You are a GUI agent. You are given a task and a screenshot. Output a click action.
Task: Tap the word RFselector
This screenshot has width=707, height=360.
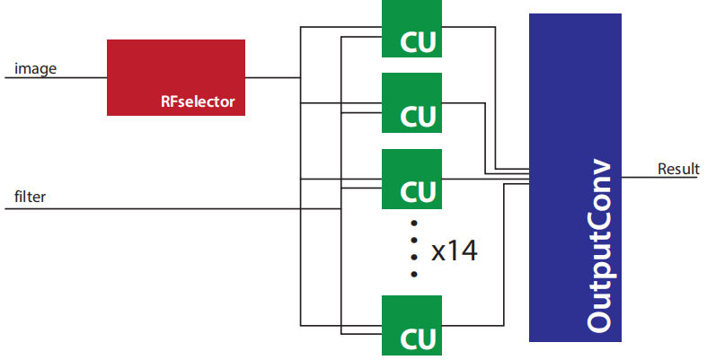[x=197, y=102]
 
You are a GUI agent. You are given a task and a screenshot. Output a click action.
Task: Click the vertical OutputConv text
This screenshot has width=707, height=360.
[x=598, y=247]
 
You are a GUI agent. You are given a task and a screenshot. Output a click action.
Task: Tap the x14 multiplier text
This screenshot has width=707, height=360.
[x=454, y=250]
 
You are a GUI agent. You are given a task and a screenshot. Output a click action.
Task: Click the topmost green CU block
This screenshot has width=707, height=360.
[x=411, y=29]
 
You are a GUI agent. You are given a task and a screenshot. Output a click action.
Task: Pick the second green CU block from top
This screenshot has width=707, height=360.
[x=411, y=102]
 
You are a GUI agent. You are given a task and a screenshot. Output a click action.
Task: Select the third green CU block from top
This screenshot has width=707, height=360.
[x=411, y=178]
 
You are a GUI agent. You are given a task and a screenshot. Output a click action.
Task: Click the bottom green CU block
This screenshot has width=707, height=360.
[x=411, y=324]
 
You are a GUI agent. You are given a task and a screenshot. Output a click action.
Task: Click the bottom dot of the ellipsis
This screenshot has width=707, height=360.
[x=413, y=274]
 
